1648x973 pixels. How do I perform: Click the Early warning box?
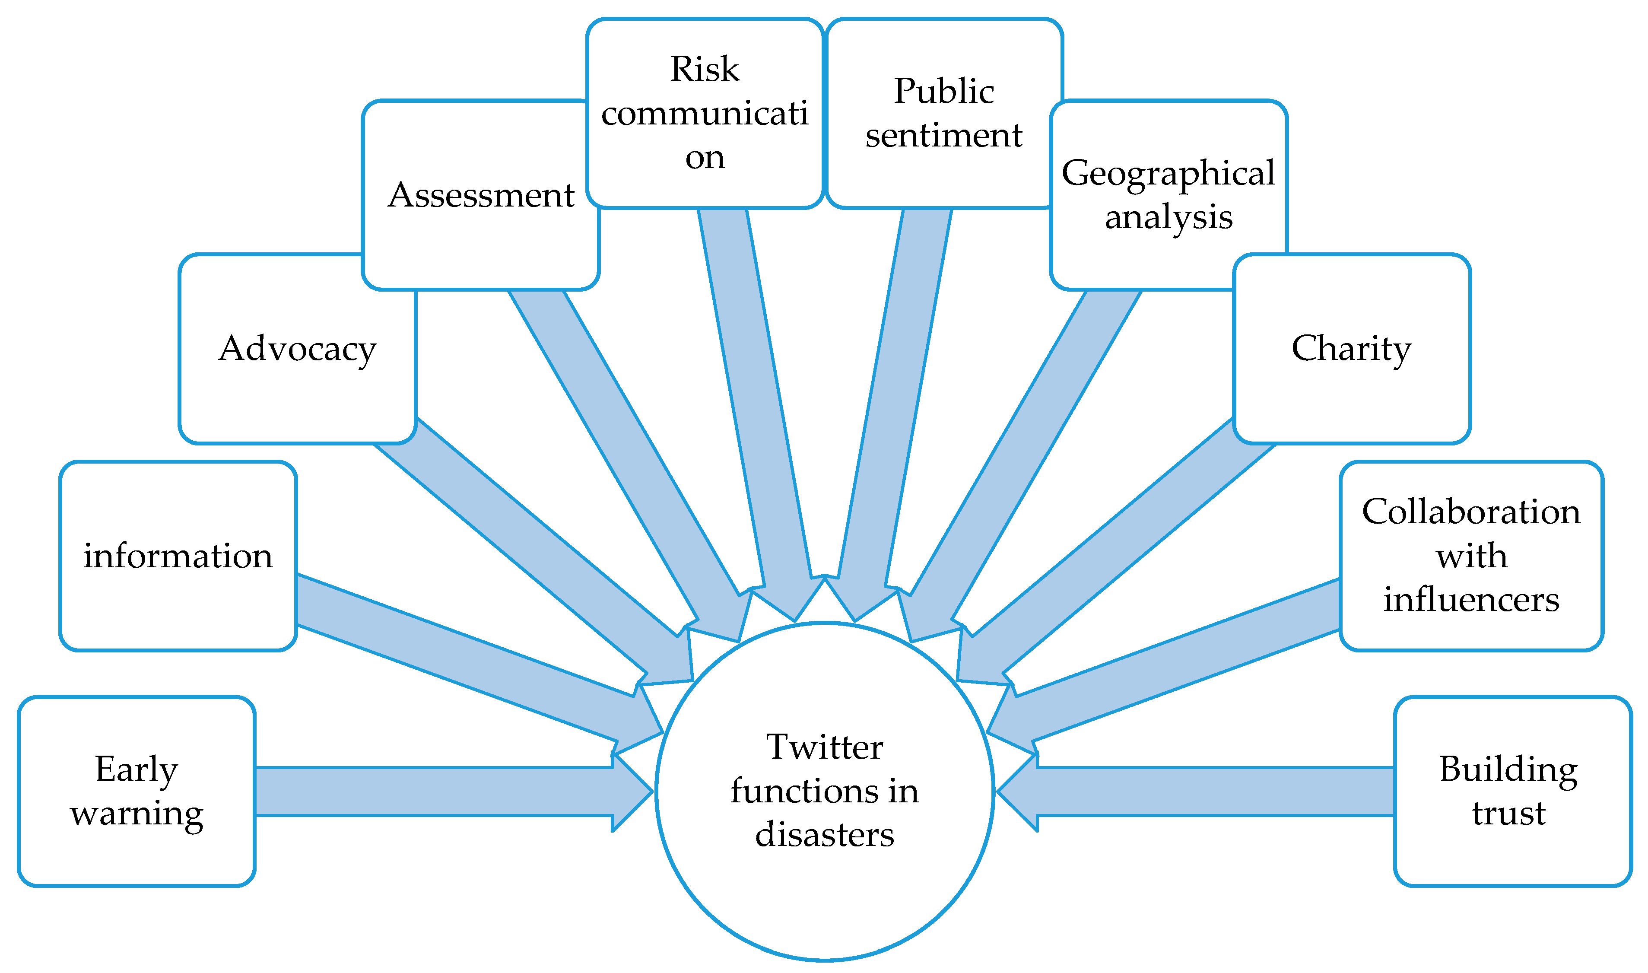[137, 792]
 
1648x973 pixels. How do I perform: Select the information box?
[178, 556]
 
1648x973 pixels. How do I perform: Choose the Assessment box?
[480, 195]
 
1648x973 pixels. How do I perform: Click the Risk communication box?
[705, 113]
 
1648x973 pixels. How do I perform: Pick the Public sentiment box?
[943, 113]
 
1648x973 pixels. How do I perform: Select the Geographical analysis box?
[1168, 195]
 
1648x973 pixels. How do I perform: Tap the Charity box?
[1352, 349]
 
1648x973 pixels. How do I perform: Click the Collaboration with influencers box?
[1471, 556]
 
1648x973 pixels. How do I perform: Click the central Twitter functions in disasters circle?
[825, 852]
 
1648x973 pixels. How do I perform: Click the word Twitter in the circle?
[825, 747]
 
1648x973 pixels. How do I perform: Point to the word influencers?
[1471, 600]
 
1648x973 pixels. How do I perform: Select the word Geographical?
[1168, 173]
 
